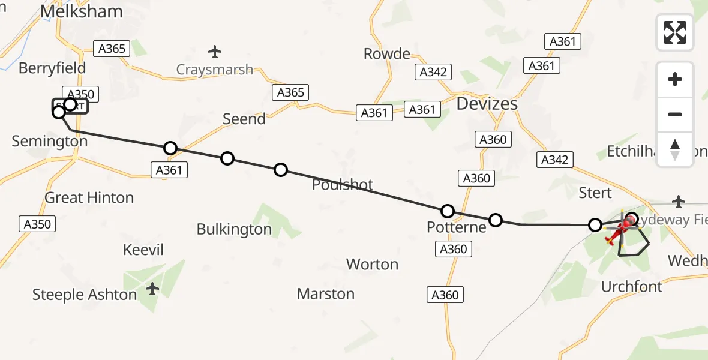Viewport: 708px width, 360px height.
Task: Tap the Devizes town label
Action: [x=487, y=104]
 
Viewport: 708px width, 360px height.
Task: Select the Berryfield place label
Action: [x=52, y=68]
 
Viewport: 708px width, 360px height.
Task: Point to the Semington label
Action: [x=50, y=142]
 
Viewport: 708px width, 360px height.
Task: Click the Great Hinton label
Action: [x=89, y=198]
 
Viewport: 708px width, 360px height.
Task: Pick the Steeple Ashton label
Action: [x=84, y=295]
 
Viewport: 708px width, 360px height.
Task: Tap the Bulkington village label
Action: [x=234, y=229]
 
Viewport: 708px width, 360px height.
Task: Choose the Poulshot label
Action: [x=343, y=185]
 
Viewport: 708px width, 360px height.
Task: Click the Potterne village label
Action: [x=456, y=227]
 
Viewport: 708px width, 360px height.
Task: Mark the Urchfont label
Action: [x=632, y=287]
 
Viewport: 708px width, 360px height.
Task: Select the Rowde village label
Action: [x=387, y=54]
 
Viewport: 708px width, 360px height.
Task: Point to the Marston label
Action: [x=326, y=294]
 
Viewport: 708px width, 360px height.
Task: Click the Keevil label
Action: [x=143, y=250]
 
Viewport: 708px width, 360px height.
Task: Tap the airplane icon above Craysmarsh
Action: [x=215, y=51]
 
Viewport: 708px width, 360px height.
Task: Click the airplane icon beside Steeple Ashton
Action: [x=153, y=289]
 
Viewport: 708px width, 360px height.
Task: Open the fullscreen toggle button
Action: [x=675, y=32]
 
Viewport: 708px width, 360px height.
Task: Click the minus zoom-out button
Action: [x=675, y=114]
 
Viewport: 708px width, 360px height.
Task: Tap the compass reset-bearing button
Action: [x=675, y=149]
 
